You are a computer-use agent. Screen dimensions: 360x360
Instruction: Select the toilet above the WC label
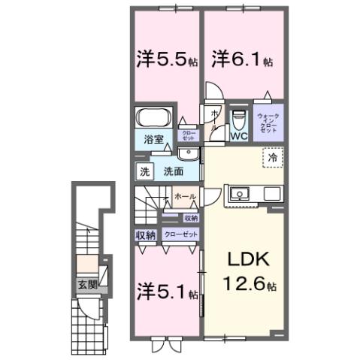238,119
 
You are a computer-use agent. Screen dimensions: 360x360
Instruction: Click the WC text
239,137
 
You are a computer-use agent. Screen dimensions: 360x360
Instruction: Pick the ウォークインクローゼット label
268,122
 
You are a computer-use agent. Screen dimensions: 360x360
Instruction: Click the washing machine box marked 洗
144,171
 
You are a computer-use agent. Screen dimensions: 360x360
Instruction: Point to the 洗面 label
174,171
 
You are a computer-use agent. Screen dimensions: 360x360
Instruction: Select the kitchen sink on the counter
241,193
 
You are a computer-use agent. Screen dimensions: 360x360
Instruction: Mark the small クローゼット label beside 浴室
186,136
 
